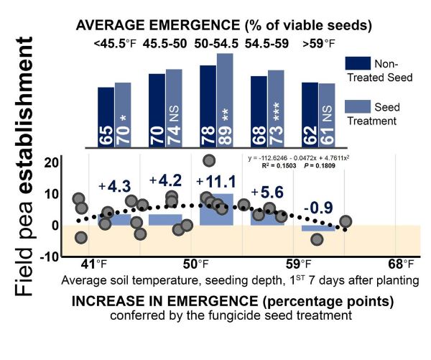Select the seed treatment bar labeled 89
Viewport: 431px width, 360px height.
coord(225,101)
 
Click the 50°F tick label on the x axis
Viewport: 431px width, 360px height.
coord(195,264)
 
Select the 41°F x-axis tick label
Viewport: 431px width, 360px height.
coord(94,264)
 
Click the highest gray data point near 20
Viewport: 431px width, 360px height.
coord(209,161)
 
